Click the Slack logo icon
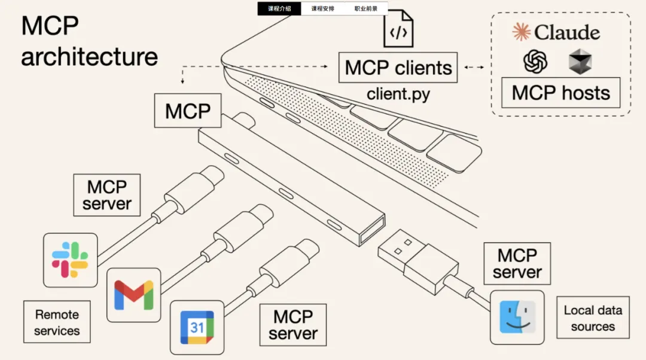pyautogui.click(x=70, y=260)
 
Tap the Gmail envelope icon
pyautogui.click(x=133, y=295)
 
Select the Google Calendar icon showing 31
pyautogui.click(x=197, y=327)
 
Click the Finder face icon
pyautogui.click(x=517, y=317)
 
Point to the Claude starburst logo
pyautogui.click(x=521, y=32)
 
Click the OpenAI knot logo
pyautogui.click(x=536, y=60)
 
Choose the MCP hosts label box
pyautogui.click(x=560, y=93)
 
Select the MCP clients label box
pyautogui.click(x=398, y=68)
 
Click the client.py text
pyautogui.click(x=398, y=94)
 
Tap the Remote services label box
pyautogui.click(x=57, y=322)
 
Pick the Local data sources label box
pyautogui.click(x=593, y=318)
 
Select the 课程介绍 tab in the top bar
pyautogui.click(x=279, y=9)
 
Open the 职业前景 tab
pyautogui.click(x=365, y=9)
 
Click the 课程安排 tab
pyautogui.click(x=323, y=9)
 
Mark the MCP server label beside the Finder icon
pyautogui.click(x=517, y=264)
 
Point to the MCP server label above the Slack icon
pyautogui.click(x=107, y=195)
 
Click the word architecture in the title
pyautogui.click(x=90, y=57)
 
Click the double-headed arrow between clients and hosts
pyautogui.click(x=474, y=68)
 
